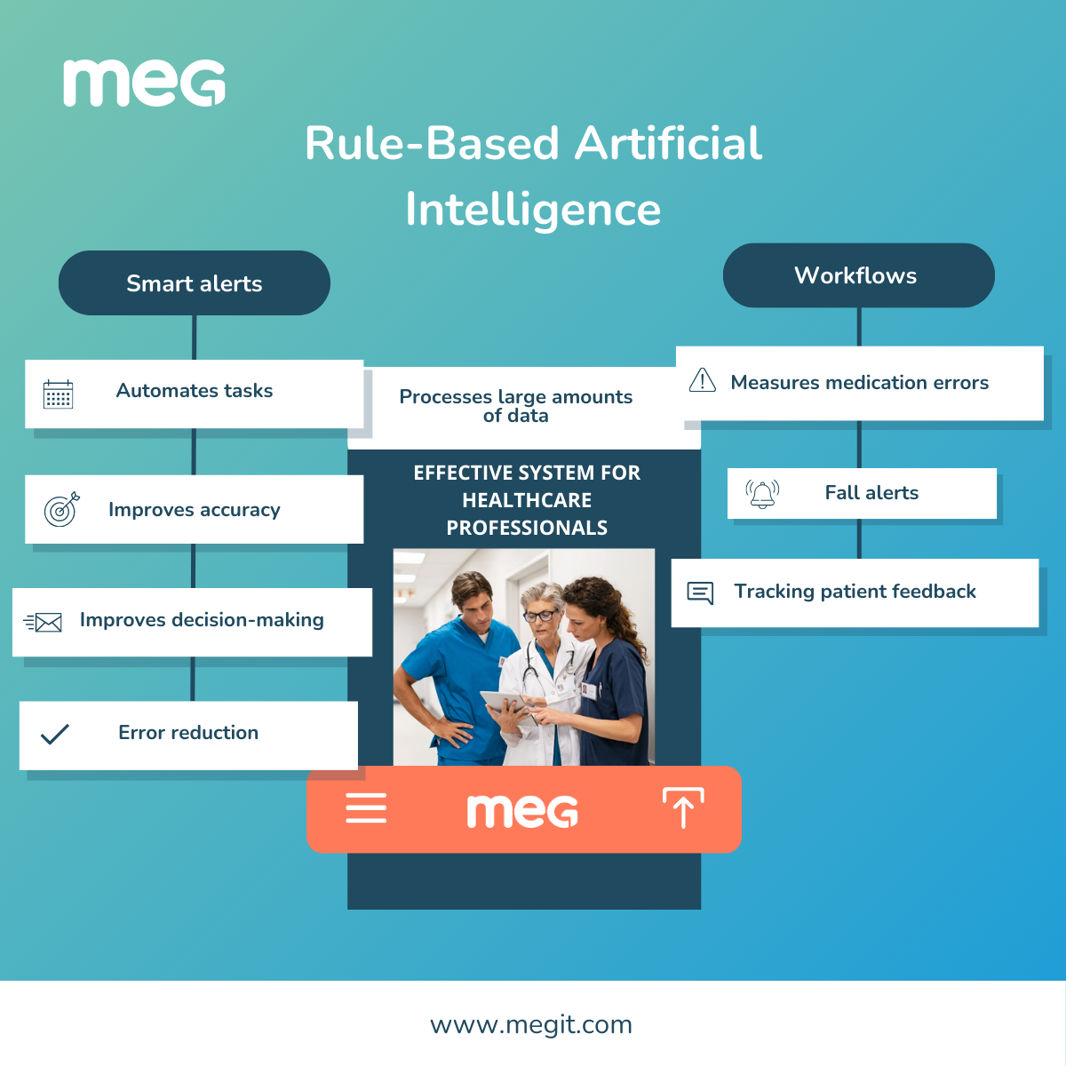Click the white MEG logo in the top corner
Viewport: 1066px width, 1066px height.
coord(144,84)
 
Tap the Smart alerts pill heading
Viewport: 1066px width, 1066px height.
coord(194,283)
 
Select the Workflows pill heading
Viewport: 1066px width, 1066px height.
coord(858,275)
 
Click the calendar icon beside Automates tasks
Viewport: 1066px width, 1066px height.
coord(59,394)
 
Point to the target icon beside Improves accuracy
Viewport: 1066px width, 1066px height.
coord(61,509)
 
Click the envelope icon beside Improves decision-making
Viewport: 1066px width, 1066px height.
coord(44,622)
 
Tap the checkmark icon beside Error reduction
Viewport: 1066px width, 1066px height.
coord(55,734)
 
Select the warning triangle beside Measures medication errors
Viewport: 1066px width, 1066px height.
coord(702,380)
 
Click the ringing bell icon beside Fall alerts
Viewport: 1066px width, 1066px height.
coord(762,494)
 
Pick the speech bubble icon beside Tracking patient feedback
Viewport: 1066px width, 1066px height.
coord(700,593)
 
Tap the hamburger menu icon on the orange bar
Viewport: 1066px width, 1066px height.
coord(366,808)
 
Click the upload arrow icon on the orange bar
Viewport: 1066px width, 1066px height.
coord(683,807)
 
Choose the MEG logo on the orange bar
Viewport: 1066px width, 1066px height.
coord(522,810)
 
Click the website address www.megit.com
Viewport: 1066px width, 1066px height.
coord(531,1025)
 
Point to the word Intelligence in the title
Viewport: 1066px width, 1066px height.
coord(533,210)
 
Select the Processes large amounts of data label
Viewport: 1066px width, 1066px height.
coord(516,406)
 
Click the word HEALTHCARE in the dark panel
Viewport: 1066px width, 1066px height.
coord(527,500)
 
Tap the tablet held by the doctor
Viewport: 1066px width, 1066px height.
coord(504,703)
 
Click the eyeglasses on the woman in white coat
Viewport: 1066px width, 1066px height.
coord(540,615)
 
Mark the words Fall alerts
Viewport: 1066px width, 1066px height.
coord(871,493)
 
